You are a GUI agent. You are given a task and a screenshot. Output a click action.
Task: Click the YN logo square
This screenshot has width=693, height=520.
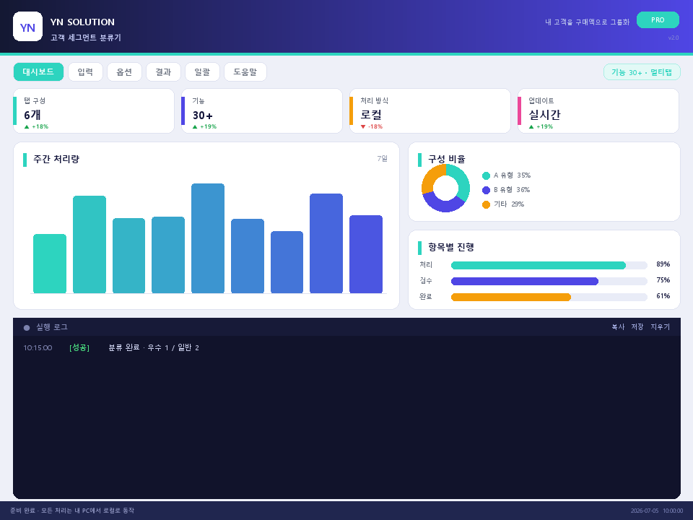click(28, 27)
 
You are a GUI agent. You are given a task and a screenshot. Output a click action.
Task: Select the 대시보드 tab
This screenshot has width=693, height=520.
click(38, 72)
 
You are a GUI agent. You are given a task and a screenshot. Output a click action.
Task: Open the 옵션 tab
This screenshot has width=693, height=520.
click(124, 72)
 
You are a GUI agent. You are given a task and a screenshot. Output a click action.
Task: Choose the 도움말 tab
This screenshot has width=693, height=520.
click(245, 72)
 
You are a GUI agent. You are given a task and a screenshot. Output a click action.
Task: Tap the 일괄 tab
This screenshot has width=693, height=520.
click(202, 72)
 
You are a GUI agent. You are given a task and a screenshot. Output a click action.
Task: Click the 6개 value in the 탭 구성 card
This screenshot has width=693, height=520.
click(32, 115)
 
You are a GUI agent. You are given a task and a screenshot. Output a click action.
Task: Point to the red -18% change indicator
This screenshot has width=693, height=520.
click(372, 126)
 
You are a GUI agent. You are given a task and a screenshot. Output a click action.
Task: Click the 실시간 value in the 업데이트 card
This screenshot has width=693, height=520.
click(544, 115)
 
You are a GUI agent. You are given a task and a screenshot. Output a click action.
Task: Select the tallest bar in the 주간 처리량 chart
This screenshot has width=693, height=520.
click(208, 238)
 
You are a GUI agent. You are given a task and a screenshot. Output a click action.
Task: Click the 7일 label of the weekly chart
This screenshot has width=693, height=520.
click(383, 158)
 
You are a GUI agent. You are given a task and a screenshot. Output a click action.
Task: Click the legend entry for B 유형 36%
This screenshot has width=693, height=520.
click(506, 190)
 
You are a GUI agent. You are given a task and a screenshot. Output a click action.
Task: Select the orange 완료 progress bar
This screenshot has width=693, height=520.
click(511, 297)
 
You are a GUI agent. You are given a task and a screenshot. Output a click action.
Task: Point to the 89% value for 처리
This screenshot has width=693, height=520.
click(663, 264)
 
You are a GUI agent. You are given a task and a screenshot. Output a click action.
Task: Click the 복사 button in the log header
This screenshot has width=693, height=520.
click(618, 326)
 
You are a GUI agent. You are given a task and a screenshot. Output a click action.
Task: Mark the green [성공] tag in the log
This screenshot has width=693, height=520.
click(79, 347)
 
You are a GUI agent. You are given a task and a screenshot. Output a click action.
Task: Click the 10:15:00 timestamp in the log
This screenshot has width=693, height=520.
click(38, 347)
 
